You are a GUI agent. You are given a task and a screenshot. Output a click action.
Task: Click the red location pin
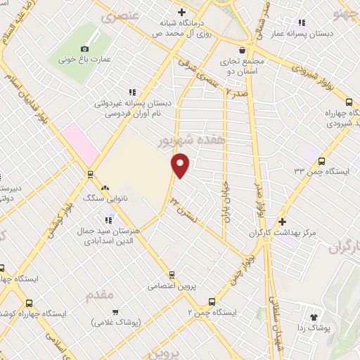point(181,165)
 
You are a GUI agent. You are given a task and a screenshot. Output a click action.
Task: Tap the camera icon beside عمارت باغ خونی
point(84,49)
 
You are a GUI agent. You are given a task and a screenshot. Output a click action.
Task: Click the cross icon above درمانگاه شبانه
point(181,12)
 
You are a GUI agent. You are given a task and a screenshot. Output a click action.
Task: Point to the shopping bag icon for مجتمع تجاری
point(243,50)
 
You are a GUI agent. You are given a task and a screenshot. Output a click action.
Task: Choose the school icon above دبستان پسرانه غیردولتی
point(131,91)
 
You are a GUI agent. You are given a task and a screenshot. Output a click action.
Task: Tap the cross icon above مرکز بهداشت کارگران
point(281,221)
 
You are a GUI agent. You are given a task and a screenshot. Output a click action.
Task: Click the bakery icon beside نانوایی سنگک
point(105,188)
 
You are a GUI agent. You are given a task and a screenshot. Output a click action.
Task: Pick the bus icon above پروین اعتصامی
point(170,274)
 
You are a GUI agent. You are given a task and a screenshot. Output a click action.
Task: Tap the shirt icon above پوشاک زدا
point(314,316)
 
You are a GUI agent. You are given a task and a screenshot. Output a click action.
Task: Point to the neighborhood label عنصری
point(117,17)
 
